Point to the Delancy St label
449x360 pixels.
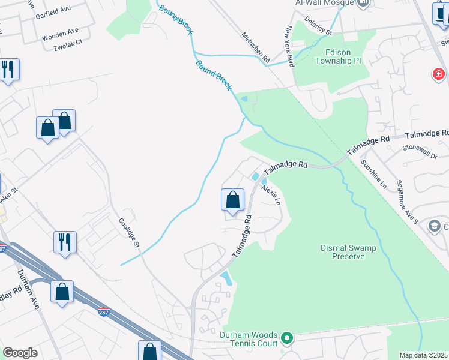pyautogui.click(x=318, y=26)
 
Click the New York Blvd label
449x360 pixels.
pyautogui.click(x=289, y=46)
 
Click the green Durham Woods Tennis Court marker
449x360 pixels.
pyautogui.click(x=287, y=338)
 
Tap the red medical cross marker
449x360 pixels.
pyautogui.click(x=439, y=74)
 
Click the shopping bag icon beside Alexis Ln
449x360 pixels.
pyautogui.click(x=232, y=199)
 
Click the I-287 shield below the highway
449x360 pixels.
pyautogui.click(x=103, y=312)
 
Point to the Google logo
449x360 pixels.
pyautogui.click(x=20, y=353)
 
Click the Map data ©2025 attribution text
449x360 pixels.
pyautogui.click(x=423, y=355)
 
